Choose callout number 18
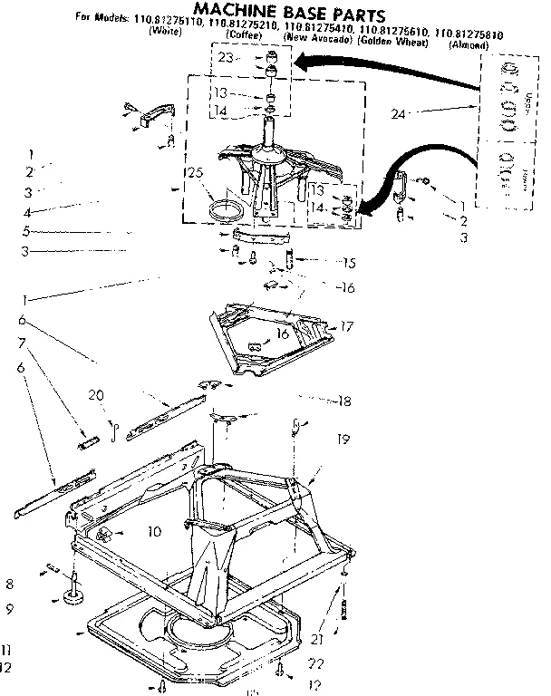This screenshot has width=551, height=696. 343,401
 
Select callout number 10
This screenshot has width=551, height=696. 154,532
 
